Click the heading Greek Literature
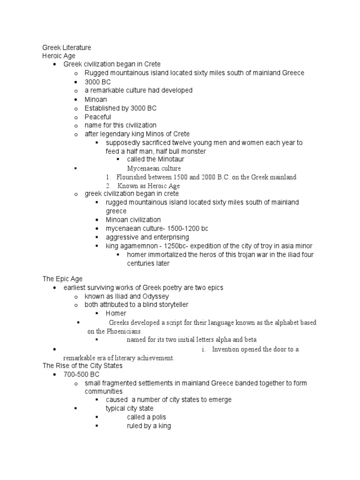pyautogui.click(x=67, y=47)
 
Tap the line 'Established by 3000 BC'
pyautogui.click(x=120, y=108)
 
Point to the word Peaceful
pyautogui.click(x=98, y=117)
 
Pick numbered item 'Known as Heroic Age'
pyautogui.click(x=150, y=186)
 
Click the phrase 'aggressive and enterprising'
pyautogui.click(x=147, y=237)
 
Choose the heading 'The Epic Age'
pyautogui.click(x=62, y=279)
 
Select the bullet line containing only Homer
pyautogui.click(x=116, y=313)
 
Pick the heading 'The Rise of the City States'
pyautogui.click(x=82, y=366)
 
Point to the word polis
pyautogui.click(x=157, y=417)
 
